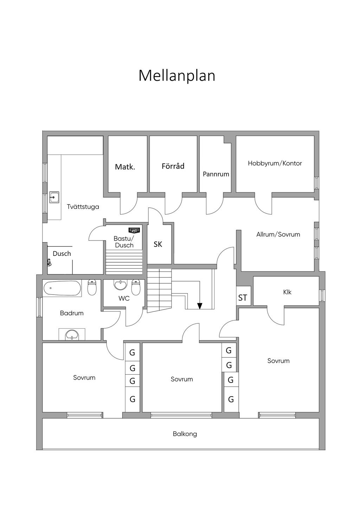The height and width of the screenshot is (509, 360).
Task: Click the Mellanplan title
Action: point(176,76)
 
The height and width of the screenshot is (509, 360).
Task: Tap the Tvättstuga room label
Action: point(83,207)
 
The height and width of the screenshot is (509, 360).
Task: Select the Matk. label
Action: point(125,167)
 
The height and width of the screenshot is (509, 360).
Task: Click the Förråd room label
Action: point(173,166)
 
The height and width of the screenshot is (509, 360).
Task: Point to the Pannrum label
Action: point(216,174)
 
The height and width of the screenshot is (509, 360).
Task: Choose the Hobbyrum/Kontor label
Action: point(275,163)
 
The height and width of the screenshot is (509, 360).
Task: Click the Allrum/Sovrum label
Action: point(278,234)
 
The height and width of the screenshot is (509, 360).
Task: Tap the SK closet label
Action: point(158,244)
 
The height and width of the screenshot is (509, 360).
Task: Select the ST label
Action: point(243,298)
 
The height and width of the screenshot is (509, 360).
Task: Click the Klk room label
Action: point(287,292)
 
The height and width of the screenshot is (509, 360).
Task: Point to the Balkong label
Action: point(185,434)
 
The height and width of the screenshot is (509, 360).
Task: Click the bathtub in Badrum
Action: point(62,288)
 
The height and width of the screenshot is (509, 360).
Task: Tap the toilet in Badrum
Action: point(92,288)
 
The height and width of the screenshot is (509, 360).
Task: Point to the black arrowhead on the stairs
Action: point(200,306)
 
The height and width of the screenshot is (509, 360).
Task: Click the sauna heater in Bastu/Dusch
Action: point(134,231)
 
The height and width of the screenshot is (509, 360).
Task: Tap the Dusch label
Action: point(62,253)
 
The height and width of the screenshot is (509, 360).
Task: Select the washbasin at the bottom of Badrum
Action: point(72,335)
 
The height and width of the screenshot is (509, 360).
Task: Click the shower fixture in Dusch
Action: point(49,262)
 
